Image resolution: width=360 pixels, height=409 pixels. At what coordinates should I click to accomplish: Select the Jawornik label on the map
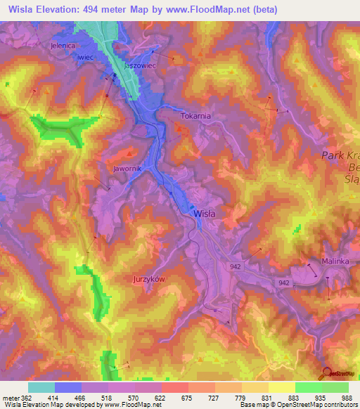tap(127, 169)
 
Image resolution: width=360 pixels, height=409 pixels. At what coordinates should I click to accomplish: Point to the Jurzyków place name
tap(149, 279)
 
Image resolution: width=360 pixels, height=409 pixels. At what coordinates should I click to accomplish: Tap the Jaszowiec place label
tap(139, 65)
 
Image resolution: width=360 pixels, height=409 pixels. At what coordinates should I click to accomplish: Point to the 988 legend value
tap(347, 398)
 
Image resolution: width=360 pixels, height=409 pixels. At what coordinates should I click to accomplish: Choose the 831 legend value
tap(255, 398)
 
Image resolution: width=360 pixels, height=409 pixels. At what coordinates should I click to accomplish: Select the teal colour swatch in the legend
tap(41, 387)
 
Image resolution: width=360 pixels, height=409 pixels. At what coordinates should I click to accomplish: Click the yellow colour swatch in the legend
tap(281, 387)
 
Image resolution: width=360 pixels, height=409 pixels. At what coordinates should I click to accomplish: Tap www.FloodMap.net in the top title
tap(203, 9)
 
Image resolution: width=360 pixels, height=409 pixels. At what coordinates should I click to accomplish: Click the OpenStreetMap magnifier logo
tap(326, 374)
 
